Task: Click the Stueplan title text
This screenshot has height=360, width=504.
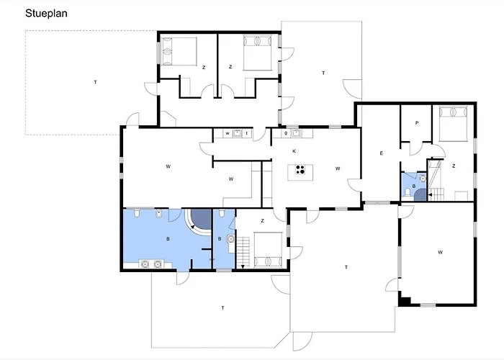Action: click(46, 14)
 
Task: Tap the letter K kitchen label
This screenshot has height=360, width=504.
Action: click(294, 151)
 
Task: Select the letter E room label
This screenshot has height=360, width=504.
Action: click(381, 153)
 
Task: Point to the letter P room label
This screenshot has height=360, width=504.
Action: click(417, 123)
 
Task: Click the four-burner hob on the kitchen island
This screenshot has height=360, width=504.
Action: click(300, 170)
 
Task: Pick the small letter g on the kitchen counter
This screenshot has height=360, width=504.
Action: click(285, 133)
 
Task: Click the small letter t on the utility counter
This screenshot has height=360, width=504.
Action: click(247, 133)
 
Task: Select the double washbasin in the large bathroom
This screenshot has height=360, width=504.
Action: click(151, 264)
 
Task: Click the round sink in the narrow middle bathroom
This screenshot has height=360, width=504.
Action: click(230, 239)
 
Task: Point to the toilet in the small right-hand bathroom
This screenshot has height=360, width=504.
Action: click(408, 192)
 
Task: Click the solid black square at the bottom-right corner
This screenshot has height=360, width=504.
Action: click(405, 302)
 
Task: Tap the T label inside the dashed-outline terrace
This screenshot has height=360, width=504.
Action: click(95, 82)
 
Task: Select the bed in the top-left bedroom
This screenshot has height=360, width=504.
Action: click(179, 51)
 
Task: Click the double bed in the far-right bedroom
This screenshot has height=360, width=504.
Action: click(453, 124)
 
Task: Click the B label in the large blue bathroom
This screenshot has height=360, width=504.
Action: click(168, 239)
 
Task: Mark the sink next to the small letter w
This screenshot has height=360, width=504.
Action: click(237, 133)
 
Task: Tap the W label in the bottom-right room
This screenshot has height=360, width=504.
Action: click(440, 252)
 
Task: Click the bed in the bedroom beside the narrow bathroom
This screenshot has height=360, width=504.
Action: click(269, 250)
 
